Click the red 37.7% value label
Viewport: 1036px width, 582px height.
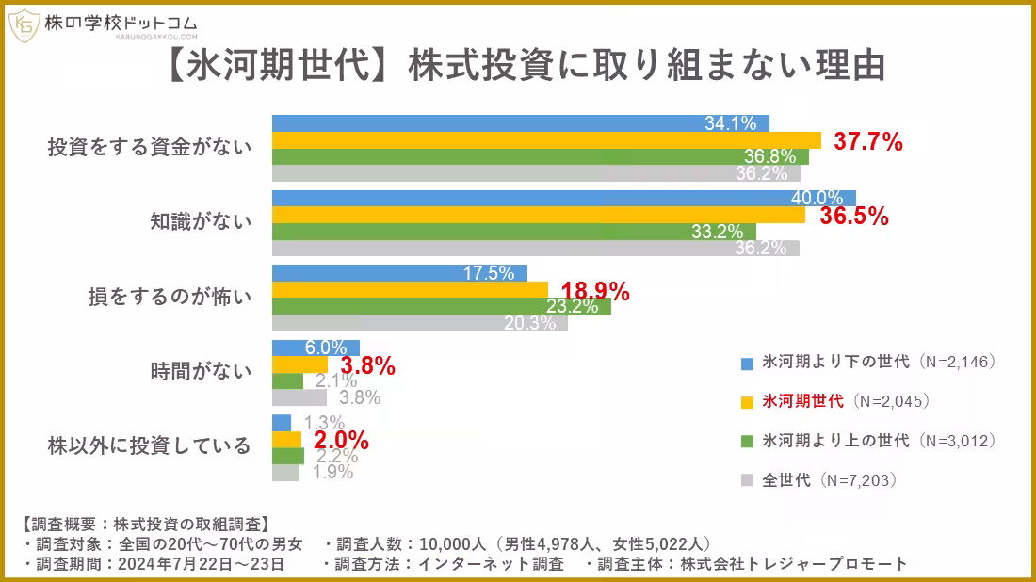tap(869, 142)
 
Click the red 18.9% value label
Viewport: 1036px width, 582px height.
tap(595, 291)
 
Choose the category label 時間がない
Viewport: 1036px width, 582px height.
tap(201, 370)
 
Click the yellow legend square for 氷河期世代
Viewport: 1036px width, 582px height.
tap(747, 402)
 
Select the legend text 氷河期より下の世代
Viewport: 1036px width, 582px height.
tap(836, 362)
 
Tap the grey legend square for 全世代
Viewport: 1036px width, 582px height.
tap(747, 480)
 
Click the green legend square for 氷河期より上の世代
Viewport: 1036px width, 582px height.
tap(747, 441)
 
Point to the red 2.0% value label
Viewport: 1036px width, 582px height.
tap(341, 440)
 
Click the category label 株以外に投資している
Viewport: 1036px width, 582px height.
tap(150, 445)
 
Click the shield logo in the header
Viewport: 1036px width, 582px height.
tap(24, 25)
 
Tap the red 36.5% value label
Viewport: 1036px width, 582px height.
tap(854, 217)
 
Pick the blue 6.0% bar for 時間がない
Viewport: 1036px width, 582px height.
tap(302, 348)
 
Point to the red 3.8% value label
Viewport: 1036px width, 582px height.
tap(367, 365)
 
